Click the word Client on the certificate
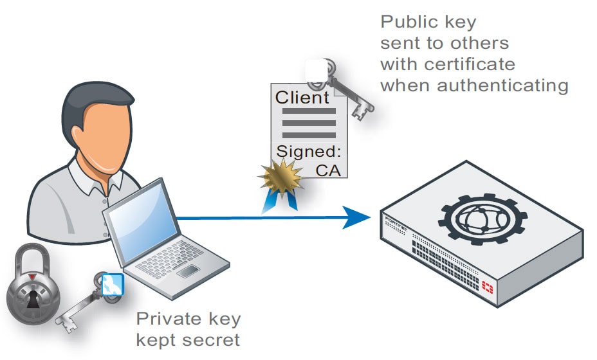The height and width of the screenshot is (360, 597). (302, 98)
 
